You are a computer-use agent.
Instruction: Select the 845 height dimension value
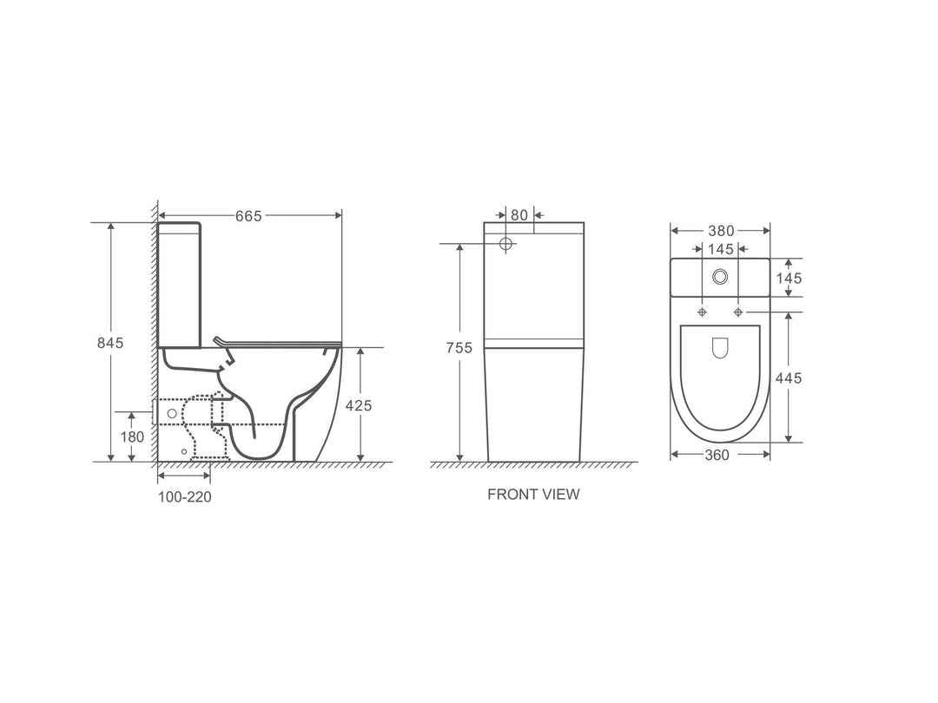coord(109,343)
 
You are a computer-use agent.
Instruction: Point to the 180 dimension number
coord(132,437)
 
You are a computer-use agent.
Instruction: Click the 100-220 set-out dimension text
coord(184,497)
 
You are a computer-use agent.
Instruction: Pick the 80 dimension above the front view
coord(519,214)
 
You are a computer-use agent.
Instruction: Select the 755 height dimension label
coord(459,348)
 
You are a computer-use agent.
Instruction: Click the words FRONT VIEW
coord(533,495)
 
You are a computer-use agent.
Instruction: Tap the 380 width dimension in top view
coord(720,231)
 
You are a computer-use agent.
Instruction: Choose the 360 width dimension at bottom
coord(717,455)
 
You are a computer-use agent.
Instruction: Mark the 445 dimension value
coord(788,378)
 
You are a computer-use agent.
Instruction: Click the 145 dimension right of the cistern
coord(788,279)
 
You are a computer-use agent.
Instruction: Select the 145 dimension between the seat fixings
coord(720,250)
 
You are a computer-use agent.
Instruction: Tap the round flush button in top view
coord(720,277)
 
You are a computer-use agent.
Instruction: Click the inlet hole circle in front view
coord(507,244)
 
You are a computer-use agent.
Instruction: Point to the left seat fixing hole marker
coord(702,312)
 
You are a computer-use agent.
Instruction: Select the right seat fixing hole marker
coord(738,312)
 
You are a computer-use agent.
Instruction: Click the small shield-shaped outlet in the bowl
coord(720,348)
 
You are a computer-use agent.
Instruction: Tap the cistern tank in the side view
coord(180,286)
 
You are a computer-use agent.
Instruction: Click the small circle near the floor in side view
coord(183,452)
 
